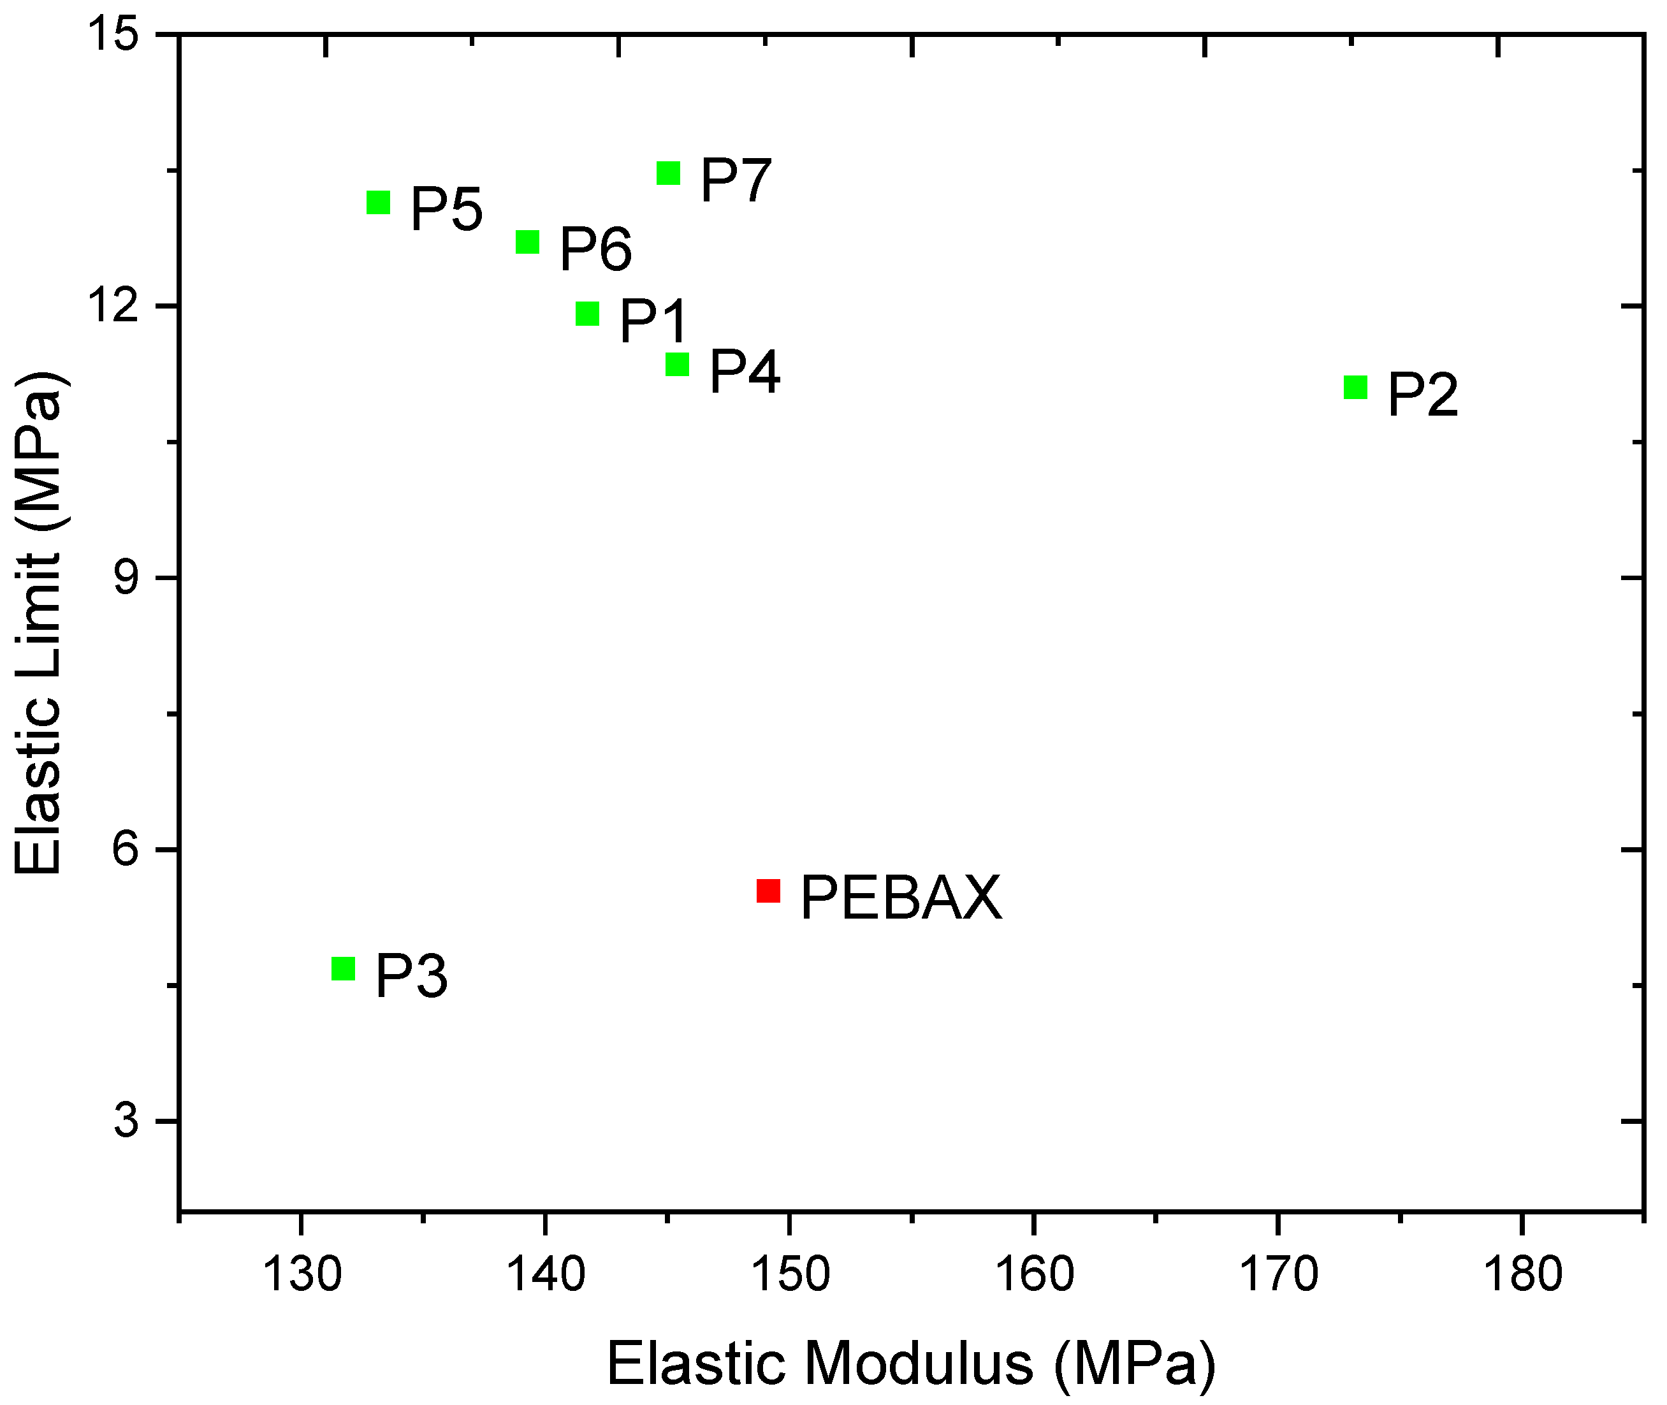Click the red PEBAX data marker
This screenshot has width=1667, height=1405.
[768, 891]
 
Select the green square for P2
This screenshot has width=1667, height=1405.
[1355, 388]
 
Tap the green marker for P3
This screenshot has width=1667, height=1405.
[343, 968]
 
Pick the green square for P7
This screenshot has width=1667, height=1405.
[668, 173]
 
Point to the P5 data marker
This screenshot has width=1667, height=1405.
[378, 202]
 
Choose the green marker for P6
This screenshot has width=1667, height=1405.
[527, 242]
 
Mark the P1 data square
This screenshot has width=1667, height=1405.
[587, 314]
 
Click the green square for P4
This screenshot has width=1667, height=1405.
[677, 364]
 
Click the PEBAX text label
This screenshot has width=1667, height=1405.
[901, 898]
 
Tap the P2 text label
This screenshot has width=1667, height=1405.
[1422, 395]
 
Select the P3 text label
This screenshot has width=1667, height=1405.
[411, 977]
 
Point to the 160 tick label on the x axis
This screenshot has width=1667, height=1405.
[1035, 1275]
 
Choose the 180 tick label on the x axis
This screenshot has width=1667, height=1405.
[1522, 1275]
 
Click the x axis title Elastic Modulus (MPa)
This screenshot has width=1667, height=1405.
[911, 1364]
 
